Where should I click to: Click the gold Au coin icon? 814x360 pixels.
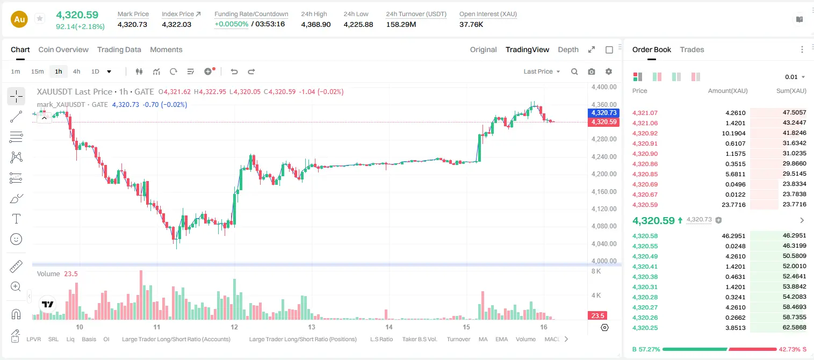19,19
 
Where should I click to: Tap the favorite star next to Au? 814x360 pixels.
40,18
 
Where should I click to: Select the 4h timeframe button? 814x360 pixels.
76,71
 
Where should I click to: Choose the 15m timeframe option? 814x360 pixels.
38,71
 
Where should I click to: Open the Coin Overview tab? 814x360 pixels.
63,50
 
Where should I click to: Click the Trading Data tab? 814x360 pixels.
119,50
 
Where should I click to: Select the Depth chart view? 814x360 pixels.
568,50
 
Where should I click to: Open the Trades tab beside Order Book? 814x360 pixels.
692,50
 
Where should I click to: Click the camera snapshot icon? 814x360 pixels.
592,71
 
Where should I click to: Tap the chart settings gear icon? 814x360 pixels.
609,71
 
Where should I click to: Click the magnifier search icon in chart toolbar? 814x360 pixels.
574,71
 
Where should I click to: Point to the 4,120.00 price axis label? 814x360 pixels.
604,209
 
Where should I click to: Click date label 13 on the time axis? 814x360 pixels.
312,327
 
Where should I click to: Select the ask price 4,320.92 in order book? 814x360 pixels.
645,133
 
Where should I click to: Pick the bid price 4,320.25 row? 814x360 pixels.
645,328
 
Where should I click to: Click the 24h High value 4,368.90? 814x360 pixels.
316,24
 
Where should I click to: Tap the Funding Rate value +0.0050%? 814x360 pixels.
232,24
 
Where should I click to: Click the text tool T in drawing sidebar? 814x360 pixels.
16,219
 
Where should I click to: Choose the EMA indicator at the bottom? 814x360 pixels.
501,339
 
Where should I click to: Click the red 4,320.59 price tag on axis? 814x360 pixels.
603,122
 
